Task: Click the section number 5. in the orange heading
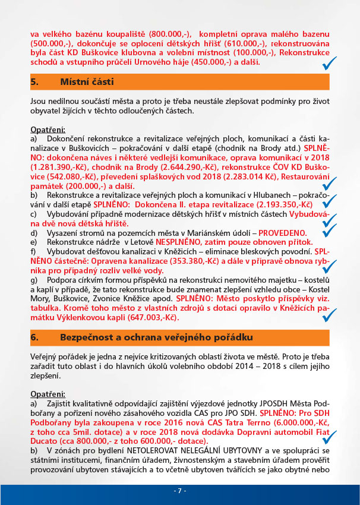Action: pyautogui.click(x=34, y=81)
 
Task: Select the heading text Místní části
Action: pyautogui.click(x=87, y=81)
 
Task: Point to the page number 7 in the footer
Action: pyautogui.click(x=180, y=491)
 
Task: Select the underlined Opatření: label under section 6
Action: pyautogui.click(x=48, y=393)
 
